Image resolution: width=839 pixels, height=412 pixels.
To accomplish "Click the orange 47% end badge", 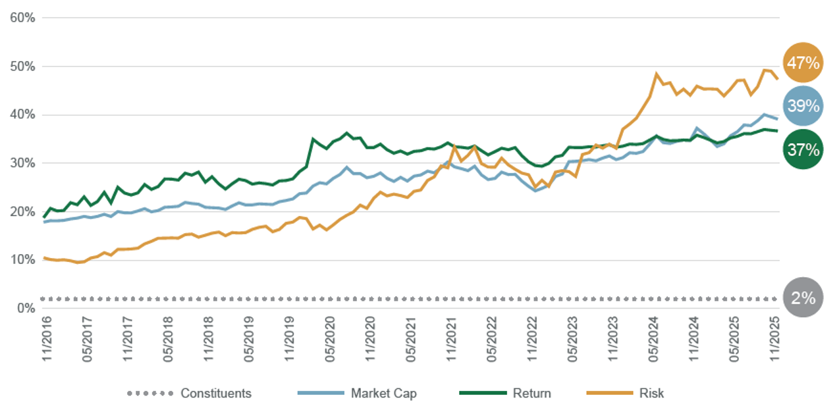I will [x=803, y=63].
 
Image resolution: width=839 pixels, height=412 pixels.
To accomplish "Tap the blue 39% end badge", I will [x=803, y=106].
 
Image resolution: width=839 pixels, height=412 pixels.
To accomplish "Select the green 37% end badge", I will [x=803, y=150].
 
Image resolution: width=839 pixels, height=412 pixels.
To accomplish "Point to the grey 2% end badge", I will [x=803, y=298].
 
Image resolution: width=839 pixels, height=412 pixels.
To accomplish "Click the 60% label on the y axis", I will [x=22, y=18].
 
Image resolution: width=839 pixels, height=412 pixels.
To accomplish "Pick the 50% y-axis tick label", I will [x=22, y=66].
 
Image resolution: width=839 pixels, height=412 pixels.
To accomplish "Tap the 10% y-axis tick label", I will [x=22, y=259].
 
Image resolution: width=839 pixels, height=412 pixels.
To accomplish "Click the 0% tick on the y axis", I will [x=26, y=308].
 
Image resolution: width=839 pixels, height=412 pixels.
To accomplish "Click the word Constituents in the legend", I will [x=216, y=394].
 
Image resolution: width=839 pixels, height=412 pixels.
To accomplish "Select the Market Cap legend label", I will [x=383, y=394].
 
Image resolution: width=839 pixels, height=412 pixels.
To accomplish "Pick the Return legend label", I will [x=531, y=394].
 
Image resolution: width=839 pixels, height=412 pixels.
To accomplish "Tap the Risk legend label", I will [x=651, y=394].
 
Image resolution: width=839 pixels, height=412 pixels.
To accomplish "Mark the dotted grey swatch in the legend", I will [x=150, y=394].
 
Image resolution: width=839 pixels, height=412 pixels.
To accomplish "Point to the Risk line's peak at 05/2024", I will [x=657, y=74].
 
